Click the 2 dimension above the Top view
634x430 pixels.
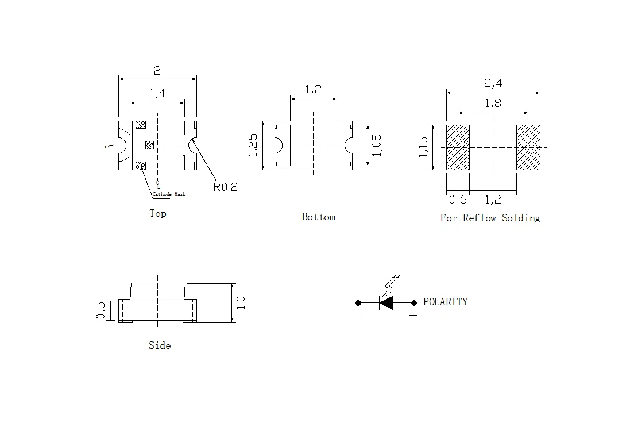click(x=157, y=71)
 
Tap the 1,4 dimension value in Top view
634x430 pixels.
click(x=157, y=94)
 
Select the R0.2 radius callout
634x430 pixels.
click(x=225, y=186)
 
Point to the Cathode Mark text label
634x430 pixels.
click(x=169, y=195)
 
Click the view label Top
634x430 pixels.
click(x=158, y=213)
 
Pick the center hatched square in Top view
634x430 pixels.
click(x=150, y=145)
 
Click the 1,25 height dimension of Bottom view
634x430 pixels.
click(x=253, y=145)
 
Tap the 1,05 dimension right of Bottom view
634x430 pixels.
click(x=377, y=145)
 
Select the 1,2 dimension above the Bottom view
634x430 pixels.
click(x=313, y=90)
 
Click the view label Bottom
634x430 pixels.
click(x=318, y=217)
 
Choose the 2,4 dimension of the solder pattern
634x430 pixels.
click(x=493, y=83)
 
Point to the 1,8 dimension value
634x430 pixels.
click(x=493, y=103)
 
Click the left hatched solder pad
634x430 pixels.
click(x=458, y=147)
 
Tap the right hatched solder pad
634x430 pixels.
click(x=528, y=147)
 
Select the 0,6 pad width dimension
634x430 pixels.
click(x=458, y=199)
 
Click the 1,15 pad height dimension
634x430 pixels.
click(x=423, y=147)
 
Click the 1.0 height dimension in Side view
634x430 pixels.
click(x=241, y=302)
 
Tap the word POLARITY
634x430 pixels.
click(x=445, y=302)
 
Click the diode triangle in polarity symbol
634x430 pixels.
click(x=386, y=302)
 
